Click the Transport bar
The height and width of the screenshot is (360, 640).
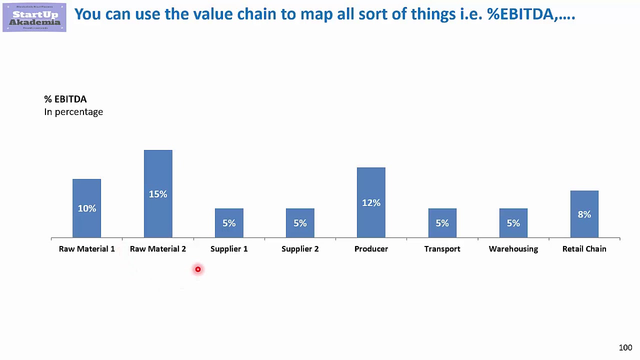tap(442, 230)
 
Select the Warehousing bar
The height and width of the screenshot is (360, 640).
tap(513, 230)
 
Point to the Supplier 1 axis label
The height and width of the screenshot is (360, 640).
tap(229, 249)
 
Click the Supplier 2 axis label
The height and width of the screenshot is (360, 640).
tap(300, 249)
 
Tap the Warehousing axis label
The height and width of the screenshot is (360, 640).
tap(513, 249)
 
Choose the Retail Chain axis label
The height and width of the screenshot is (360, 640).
tap(584, 249)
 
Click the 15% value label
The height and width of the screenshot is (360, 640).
tap(158, 194)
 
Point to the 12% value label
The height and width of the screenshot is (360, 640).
tap(371, 203)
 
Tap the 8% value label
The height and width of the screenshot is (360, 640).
tap(584, 214)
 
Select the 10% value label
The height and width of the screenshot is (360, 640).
tap(86, 208)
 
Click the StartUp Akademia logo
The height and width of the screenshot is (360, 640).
tap(34, 17)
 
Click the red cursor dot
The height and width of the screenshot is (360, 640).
tap(198, 269)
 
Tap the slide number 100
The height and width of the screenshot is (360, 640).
tap(625, 347)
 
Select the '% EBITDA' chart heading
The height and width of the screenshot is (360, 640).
tap(65, 99)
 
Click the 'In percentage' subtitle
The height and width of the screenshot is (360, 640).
tap(73, 112)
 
